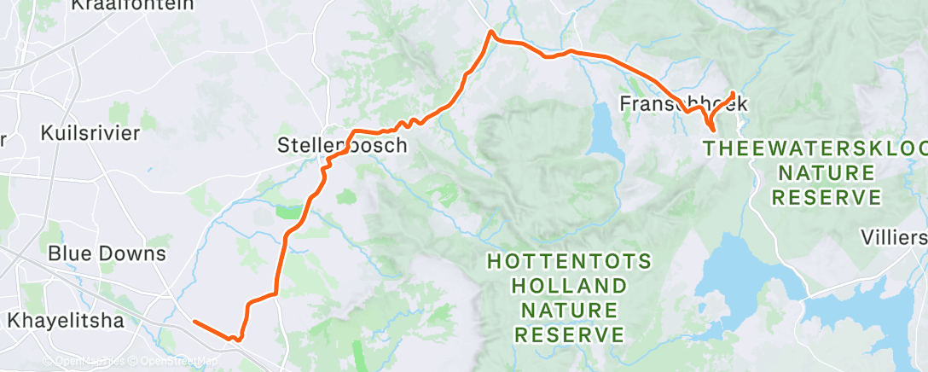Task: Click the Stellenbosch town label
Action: point(342,146)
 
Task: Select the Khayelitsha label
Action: point(66,321)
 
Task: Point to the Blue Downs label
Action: point(107,253)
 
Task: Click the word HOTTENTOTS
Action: point(570,261)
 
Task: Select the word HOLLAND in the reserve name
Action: point(570,285)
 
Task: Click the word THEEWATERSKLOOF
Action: point(815,148)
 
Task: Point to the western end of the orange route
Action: point(194,322)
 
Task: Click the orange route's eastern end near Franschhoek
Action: point(734,92)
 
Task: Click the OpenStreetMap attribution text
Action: point(176,361)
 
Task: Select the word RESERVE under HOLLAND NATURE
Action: point(570,333)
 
